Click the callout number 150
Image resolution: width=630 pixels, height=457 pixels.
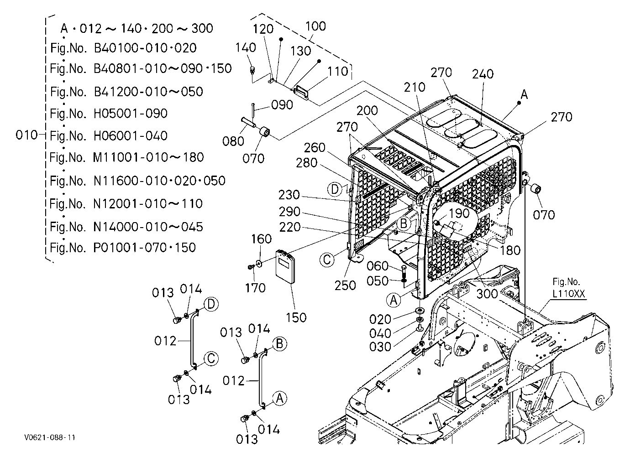[x=296, y=317]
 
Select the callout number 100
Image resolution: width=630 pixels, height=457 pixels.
[x=315, y=26]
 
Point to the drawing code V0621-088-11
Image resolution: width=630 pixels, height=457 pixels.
[x=50, y=437]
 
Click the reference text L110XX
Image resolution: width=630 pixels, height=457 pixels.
[x=568, y=294]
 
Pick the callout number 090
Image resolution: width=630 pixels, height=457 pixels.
[x=282, y=105]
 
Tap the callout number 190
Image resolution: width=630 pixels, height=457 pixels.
[x=459, y=213]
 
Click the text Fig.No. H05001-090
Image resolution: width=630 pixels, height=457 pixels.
[x=109, y=114]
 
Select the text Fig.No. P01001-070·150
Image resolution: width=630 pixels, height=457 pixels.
[x=123, y=248]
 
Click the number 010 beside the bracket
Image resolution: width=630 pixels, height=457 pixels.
[x=26, y=135]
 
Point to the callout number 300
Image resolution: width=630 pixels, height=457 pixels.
[x=487, y=294]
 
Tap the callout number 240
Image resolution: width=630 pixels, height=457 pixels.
[x=483, y=74]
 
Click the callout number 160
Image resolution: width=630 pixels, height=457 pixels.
[x=261, y=239]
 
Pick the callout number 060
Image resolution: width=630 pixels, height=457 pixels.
[x=378, y=266]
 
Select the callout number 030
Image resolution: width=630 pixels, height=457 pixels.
[x=380, y=347]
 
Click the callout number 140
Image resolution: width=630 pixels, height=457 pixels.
[x=246, y=48]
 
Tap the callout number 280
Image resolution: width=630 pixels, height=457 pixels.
[x=307, y=163]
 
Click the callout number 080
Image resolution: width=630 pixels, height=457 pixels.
[x=233, y=141]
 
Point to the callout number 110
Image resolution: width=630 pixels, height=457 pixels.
[x=337, y=72]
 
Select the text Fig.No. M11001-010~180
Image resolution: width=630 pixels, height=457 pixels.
[x=127, y=157]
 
